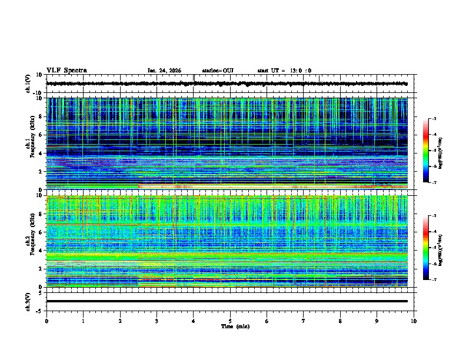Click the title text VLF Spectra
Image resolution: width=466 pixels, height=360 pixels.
pos(66,71)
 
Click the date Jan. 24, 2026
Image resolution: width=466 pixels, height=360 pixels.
pos(164,71)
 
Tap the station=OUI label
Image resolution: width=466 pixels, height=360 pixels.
pos(218,71)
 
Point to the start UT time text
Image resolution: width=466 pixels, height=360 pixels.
pos(284,71)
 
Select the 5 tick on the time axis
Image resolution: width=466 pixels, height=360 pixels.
pos(230,321)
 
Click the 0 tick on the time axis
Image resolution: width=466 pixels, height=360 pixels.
pos(46,321)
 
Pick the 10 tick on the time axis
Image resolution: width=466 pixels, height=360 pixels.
pos(414,321)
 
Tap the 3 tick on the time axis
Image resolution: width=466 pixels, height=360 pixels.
pos(157,321)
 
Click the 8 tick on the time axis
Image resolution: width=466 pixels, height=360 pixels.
pos(340,321)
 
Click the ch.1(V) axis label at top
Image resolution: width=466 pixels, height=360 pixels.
pos(28,84)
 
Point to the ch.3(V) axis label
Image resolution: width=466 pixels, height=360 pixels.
pos(28,301)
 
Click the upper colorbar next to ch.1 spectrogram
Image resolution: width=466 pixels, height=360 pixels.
pos(431,151)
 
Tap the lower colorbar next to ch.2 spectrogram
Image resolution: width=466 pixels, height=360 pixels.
pos(431,248)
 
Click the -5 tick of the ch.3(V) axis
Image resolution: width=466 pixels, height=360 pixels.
pos(40,310)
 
